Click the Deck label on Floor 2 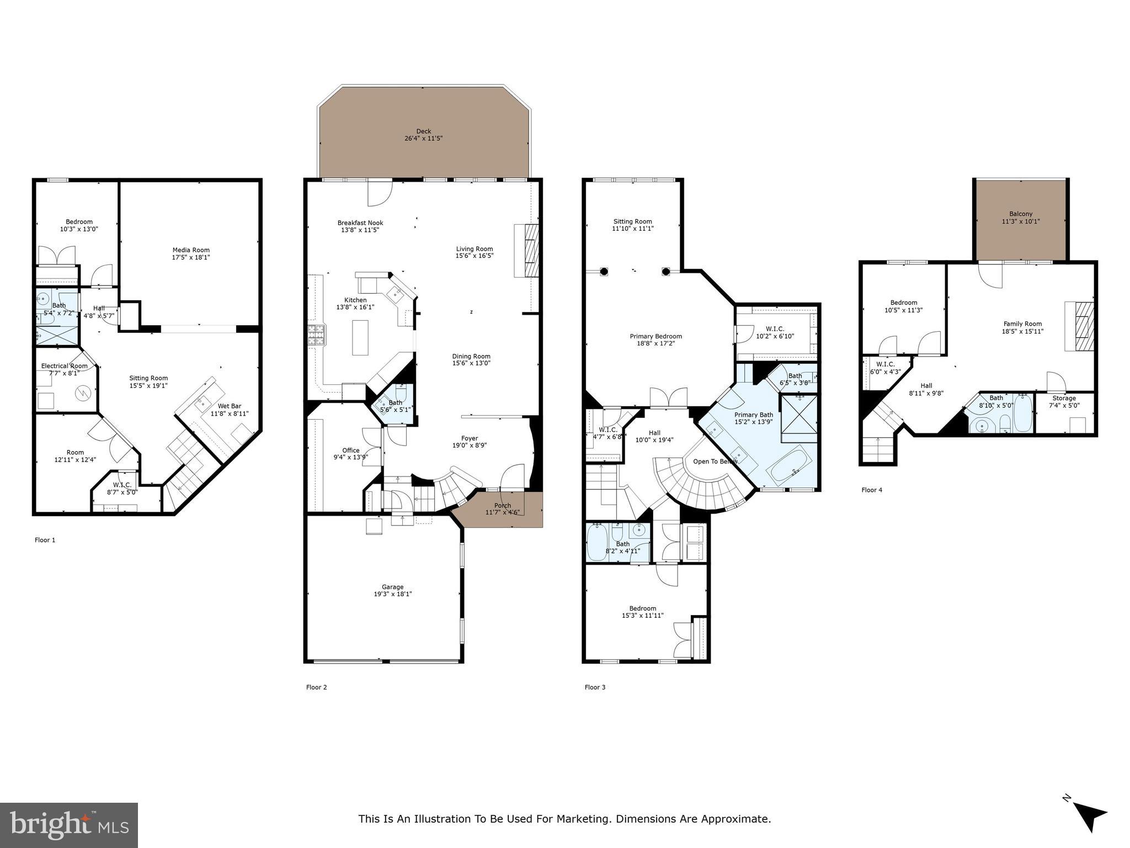[x=423, y=131]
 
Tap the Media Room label [x=191, y=250]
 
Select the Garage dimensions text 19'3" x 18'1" [x=392, y=594]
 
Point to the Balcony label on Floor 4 [x=1020, y=214]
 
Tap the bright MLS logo [x=69, y=825]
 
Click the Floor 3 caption [x=595, y=687]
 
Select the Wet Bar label [x=229, y=406]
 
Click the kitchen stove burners [x=317, y=335]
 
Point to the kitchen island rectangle [x=360, y=337]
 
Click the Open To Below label [x=715, y=461]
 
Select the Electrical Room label [x=64, y=365]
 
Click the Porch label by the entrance [x=502, y=505]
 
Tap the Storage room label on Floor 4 [x=1063, y=398]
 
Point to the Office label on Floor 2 [x=350, y=451]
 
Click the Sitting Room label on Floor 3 [x=632, y=221]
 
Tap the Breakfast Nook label [x=360, y=223]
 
